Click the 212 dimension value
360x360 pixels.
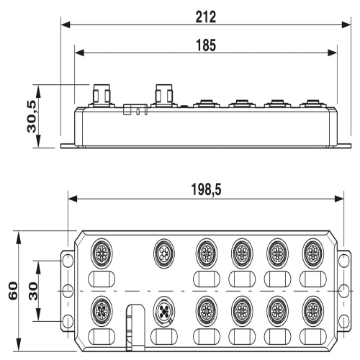(206, 17)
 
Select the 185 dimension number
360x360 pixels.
(206, 45)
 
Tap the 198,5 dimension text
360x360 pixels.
(206, 189)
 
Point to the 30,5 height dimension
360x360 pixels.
(32, 117)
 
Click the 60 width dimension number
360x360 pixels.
(13, 291)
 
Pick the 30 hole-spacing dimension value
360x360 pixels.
(33, 292)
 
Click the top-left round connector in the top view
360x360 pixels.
(102, 253)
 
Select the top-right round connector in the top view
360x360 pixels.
(313, 253)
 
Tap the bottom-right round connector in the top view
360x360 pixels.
(313, 311)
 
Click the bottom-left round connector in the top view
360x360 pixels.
(102, 311)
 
